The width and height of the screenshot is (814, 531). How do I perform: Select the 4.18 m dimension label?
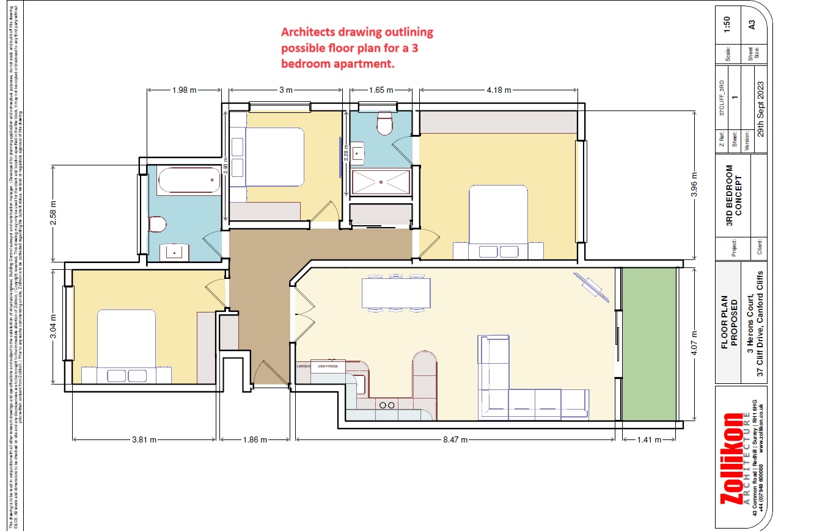pos(498,90)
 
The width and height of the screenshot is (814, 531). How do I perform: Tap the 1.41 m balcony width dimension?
pos(649,439)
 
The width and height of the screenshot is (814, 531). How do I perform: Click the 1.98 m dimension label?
pos(185,90)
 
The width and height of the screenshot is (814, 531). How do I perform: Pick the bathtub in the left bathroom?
pos(188,181)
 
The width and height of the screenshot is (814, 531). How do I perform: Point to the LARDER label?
pos(304,366)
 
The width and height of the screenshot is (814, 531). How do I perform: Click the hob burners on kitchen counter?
pos(387,405)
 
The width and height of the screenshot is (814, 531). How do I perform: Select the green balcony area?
pos(649,344)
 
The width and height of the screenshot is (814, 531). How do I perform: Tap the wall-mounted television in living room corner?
pos(591,287)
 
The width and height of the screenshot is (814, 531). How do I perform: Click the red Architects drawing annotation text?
pos(356,48)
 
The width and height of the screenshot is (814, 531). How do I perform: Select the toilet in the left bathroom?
pos(158,226)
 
